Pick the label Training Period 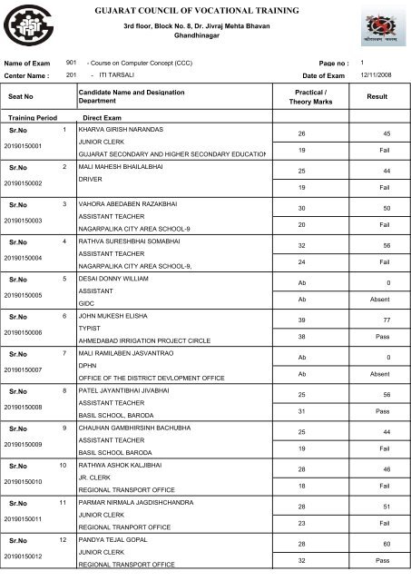[x=32, y=119]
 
